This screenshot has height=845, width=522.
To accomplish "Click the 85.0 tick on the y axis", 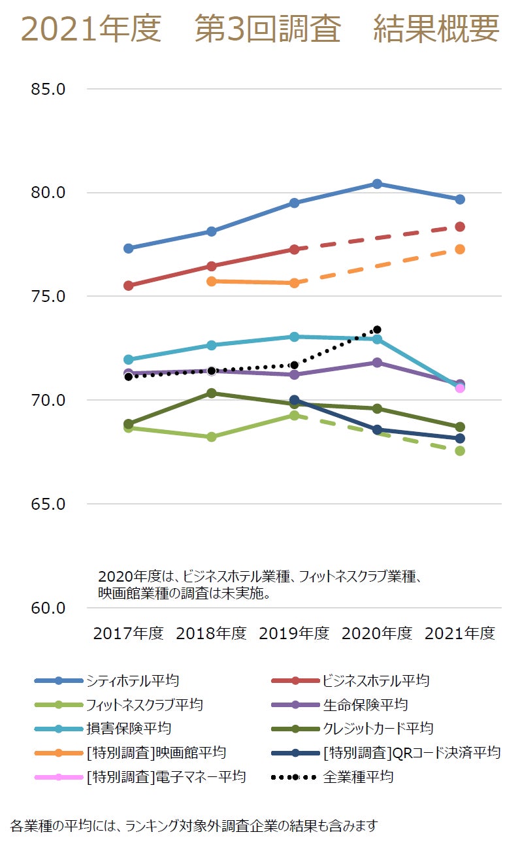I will pyautogui.click(x=48, y=89).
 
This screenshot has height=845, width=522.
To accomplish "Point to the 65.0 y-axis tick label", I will pyautogui.click(x=48, y=504).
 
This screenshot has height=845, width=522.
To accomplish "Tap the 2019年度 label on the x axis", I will pyautogui.click(x=294, y=633).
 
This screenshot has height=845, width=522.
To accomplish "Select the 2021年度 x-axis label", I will pyautogui.click(x=460, y=633).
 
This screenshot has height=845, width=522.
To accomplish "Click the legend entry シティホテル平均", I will pyautogui.click(x=132, y=680).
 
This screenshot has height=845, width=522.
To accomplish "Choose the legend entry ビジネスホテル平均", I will pyautogui.click(x=376, y=680).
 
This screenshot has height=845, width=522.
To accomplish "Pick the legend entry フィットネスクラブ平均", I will pyautogui.click(x=144, y=704).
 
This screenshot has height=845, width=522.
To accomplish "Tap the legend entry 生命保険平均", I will pyautogui.click(x=365, y=704).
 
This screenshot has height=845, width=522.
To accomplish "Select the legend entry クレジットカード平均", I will pyautogui.click(x=378, y=728).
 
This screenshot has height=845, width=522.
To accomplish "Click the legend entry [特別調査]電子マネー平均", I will pyautogui.click(x=165, y=776).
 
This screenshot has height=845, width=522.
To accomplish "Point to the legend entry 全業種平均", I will pyautogui.click(x=358, y=776).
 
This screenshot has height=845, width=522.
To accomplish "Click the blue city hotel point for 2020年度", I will pyautogui.click(x=377, y=184).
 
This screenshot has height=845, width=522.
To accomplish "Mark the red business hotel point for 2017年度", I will pyautogui.click(x=129, y=286).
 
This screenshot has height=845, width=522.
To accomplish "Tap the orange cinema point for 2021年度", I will pyautogui.click(x=460, y=249).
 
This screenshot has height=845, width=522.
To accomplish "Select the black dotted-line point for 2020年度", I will pyautogui.click(x=377, y=330).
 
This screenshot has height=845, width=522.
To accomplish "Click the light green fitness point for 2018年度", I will pyautogui.click(x=212, y=437).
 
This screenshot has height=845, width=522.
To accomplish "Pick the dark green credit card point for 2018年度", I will pyautogui.click(x=212, y=393).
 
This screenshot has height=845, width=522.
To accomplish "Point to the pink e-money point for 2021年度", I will pyautogui.click(x=460, y=388).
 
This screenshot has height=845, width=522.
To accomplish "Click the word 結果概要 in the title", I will pyautogui.click(x=436, y=29).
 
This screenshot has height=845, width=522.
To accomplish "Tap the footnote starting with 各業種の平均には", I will pyautogui.click(x=194, y=825).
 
